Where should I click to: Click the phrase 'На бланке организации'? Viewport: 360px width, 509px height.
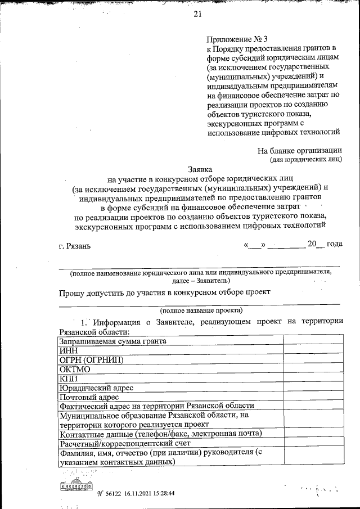pos(300,150)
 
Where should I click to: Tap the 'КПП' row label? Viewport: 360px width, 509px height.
pos(68,379)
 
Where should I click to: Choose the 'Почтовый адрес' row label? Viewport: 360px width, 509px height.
pos(89,397)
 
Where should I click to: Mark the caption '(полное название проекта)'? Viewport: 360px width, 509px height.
pos(201,310)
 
